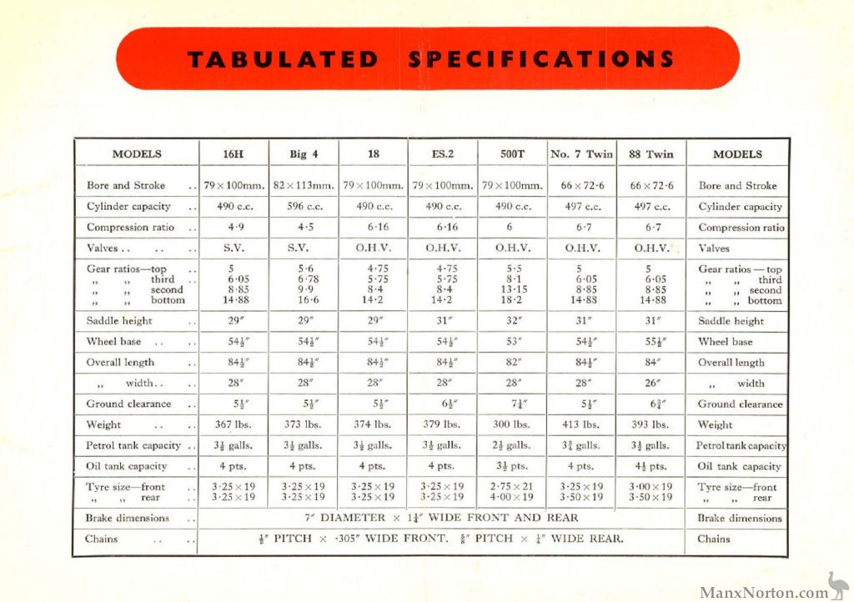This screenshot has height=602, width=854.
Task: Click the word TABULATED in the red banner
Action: tap(283, 60)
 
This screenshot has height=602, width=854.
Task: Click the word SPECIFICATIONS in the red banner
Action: tap(541, 60)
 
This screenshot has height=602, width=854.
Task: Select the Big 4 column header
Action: tap(304, 154)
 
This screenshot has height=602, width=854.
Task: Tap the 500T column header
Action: tap(512, 154)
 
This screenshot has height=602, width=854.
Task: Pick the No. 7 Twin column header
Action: tap(581, 154)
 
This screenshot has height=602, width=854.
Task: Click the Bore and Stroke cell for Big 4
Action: tap(304, 185)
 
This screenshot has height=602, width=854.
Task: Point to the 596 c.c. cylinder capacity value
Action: tap(304, 207)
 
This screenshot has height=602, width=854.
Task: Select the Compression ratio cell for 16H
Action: tap(234, 227)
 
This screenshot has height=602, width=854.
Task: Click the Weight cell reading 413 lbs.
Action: tap(581, 424)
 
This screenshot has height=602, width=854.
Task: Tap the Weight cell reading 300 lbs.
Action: tap(512, 424)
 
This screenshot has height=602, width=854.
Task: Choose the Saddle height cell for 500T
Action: tap(512, 321)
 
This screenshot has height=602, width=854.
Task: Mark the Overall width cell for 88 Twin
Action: tap(651, 384)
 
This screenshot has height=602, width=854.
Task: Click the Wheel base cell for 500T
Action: tap(512, 342)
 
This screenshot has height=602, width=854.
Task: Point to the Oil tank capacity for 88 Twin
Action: tap(651, 466)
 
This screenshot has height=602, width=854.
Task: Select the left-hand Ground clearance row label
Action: tap(128, 404)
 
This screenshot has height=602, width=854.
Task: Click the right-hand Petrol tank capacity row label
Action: tap(741, 446)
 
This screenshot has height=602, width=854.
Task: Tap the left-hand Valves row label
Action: tap(104, 248)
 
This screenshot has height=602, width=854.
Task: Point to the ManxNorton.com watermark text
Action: tap(763, 592)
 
